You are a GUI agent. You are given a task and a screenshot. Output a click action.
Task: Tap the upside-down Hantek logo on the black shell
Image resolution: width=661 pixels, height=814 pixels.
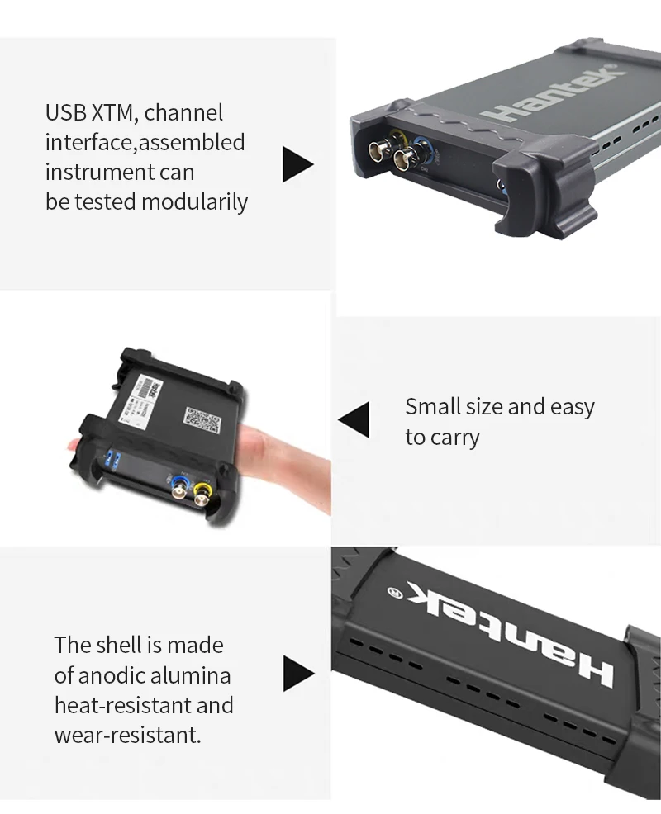[x=512, y=636]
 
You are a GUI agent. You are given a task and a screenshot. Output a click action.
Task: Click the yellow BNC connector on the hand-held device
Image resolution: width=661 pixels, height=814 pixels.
[x=202, y=495]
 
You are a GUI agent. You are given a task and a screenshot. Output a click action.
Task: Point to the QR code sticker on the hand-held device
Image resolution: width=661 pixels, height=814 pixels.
[x=202, y=420]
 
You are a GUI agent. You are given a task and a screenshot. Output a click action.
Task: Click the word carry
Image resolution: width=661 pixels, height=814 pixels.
[x=454, y=438]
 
